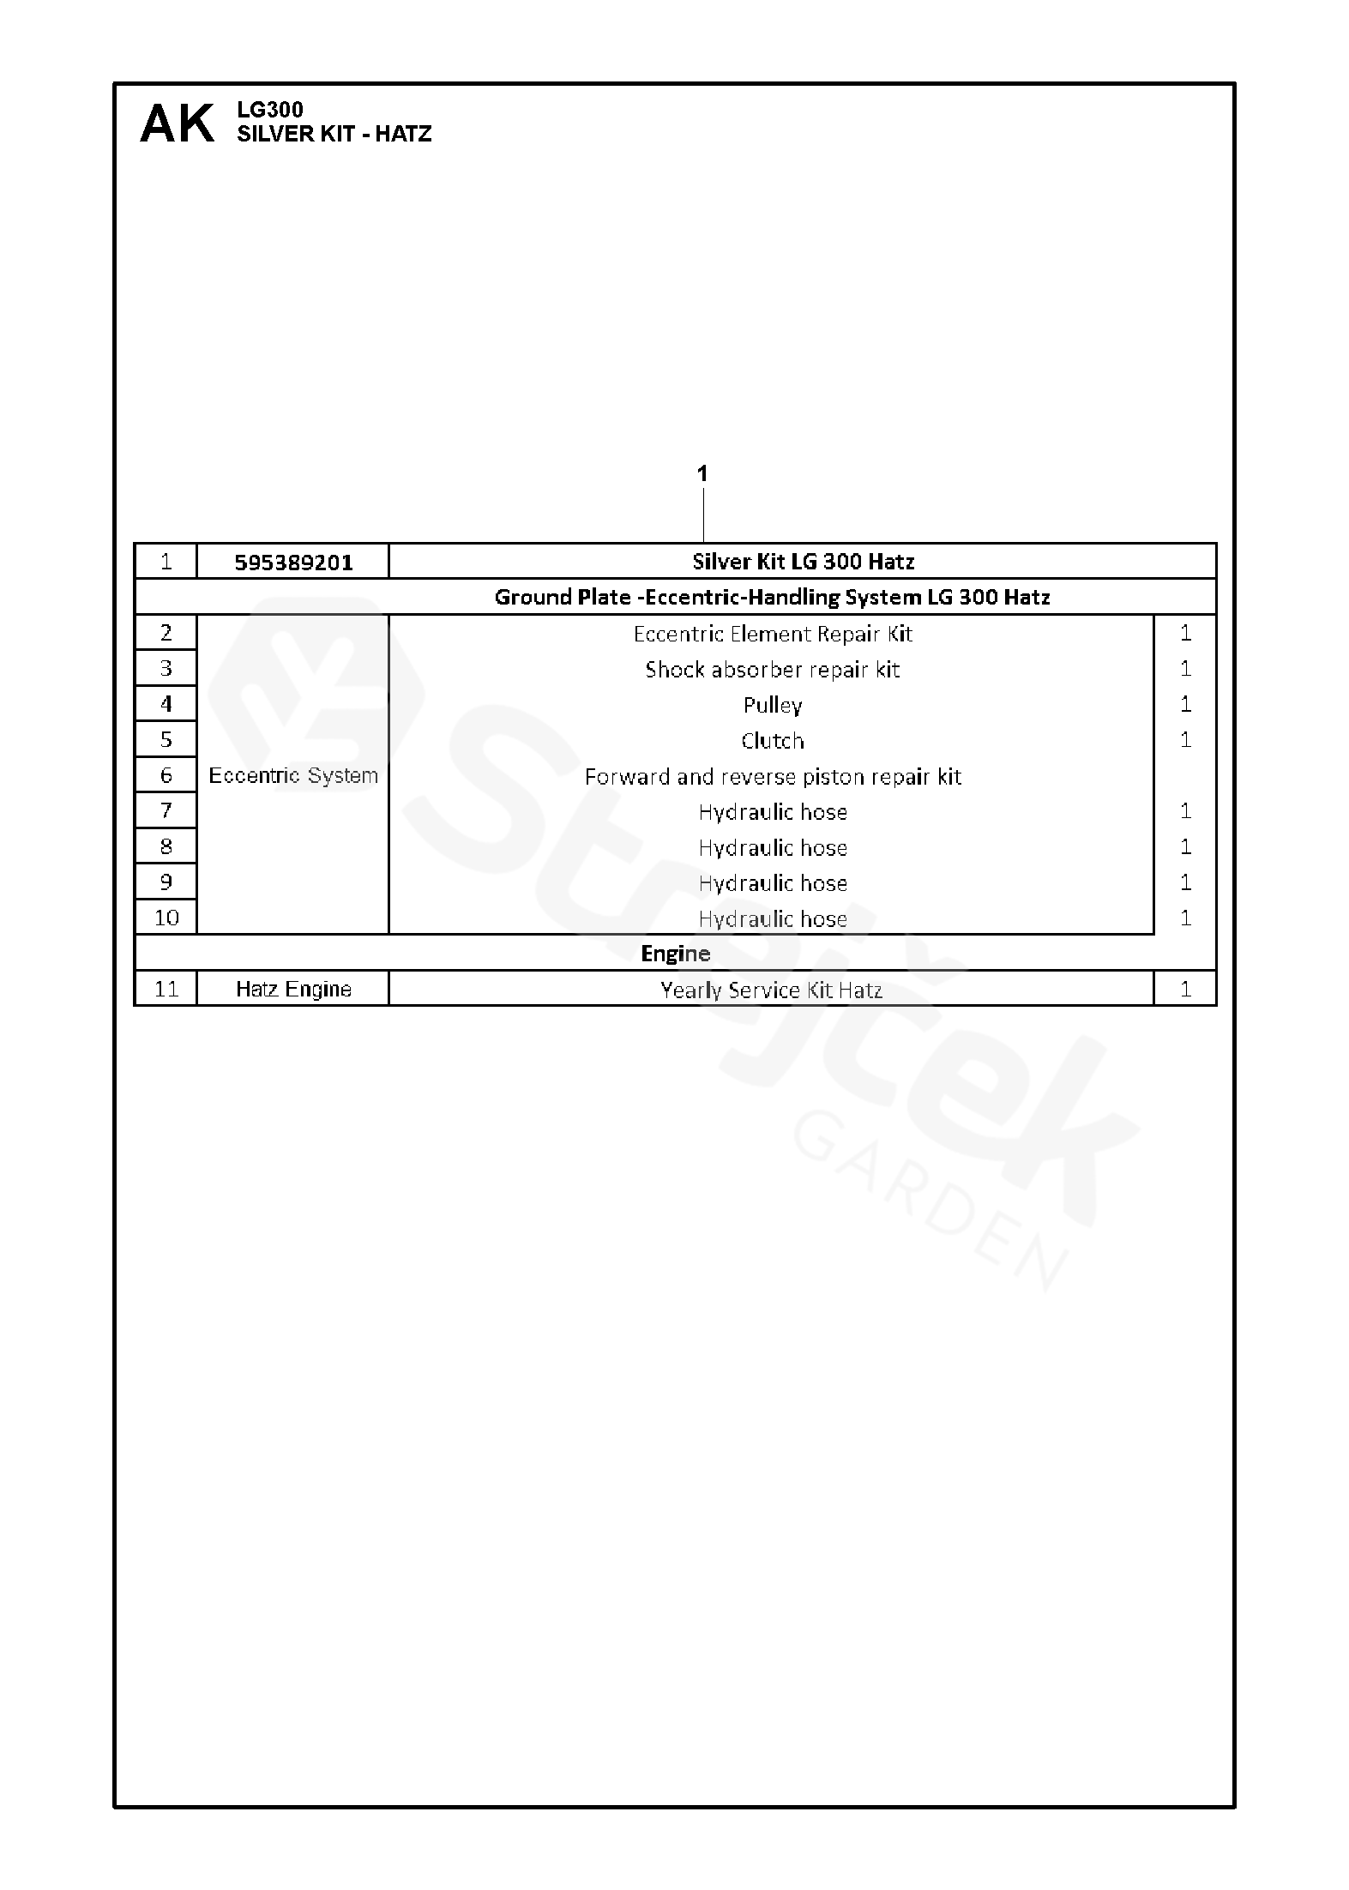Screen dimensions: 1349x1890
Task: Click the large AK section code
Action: click(x=177, y=124)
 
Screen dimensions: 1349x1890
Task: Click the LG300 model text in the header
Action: click(x=270, y=110)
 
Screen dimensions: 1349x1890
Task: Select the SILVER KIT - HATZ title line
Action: click(x=334, y=134)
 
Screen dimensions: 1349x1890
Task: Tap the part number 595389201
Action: click(x=293, y=563)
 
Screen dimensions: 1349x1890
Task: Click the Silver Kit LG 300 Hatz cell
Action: click(x=803, y=562)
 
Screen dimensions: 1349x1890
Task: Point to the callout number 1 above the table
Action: click(x=702, y=473)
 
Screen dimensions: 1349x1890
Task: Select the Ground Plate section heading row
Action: click(x=772, y=597)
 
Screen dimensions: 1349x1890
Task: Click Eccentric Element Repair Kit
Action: click(x=772, y=634)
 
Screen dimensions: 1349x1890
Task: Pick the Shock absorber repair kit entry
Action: click(x=772, y=670)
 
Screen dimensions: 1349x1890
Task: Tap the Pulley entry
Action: click(x=772, y=705)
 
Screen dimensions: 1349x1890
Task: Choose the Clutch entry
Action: click(x=772, y=741)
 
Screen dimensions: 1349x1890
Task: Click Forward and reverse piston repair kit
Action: click(x=772, y=777)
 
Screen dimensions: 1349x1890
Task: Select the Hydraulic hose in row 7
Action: click(x=772, y=812)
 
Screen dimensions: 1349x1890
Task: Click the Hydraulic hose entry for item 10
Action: click(x=772, y=919)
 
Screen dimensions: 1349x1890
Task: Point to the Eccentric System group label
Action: click(x=293, y=776)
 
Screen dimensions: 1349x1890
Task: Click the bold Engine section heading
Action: click(x=676, y=954)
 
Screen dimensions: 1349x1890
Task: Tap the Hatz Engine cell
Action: click(x=293, y=990)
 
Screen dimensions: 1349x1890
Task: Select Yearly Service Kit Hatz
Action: click(x=771, y=990)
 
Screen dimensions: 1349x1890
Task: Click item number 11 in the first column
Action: click(x=166, y=990)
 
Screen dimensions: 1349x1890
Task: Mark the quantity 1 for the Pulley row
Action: click(x=1185, y=705)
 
